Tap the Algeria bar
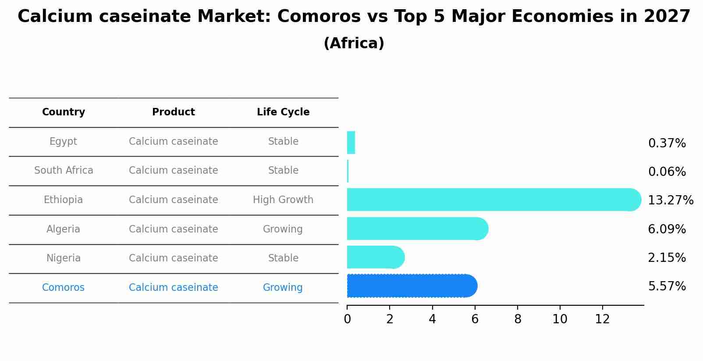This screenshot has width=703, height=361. pos(416,229)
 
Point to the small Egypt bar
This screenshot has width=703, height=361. pos(351,143)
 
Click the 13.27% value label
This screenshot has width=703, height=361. pos(670,200)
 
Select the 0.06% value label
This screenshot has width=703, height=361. pos(667,172)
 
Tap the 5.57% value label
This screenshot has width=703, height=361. pos(667,286)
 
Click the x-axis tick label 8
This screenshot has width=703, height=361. pos(518,319)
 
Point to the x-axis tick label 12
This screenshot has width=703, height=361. pos(602,319)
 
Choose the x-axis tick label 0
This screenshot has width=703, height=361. pos(347,319)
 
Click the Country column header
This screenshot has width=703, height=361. pos(64,112)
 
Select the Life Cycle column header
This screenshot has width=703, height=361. pos(283,112)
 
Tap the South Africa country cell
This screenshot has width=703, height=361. pos(64,171)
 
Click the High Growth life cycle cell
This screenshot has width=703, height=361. pos(283,200)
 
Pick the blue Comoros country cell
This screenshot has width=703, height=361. pos(63,288)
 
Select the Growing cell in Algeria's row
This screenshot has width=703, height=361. pos(283,229)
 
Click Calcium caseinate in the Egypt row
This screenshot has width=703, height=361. pos(173,142)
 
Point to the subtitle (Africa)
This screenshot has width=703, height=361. pos(354,43)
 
